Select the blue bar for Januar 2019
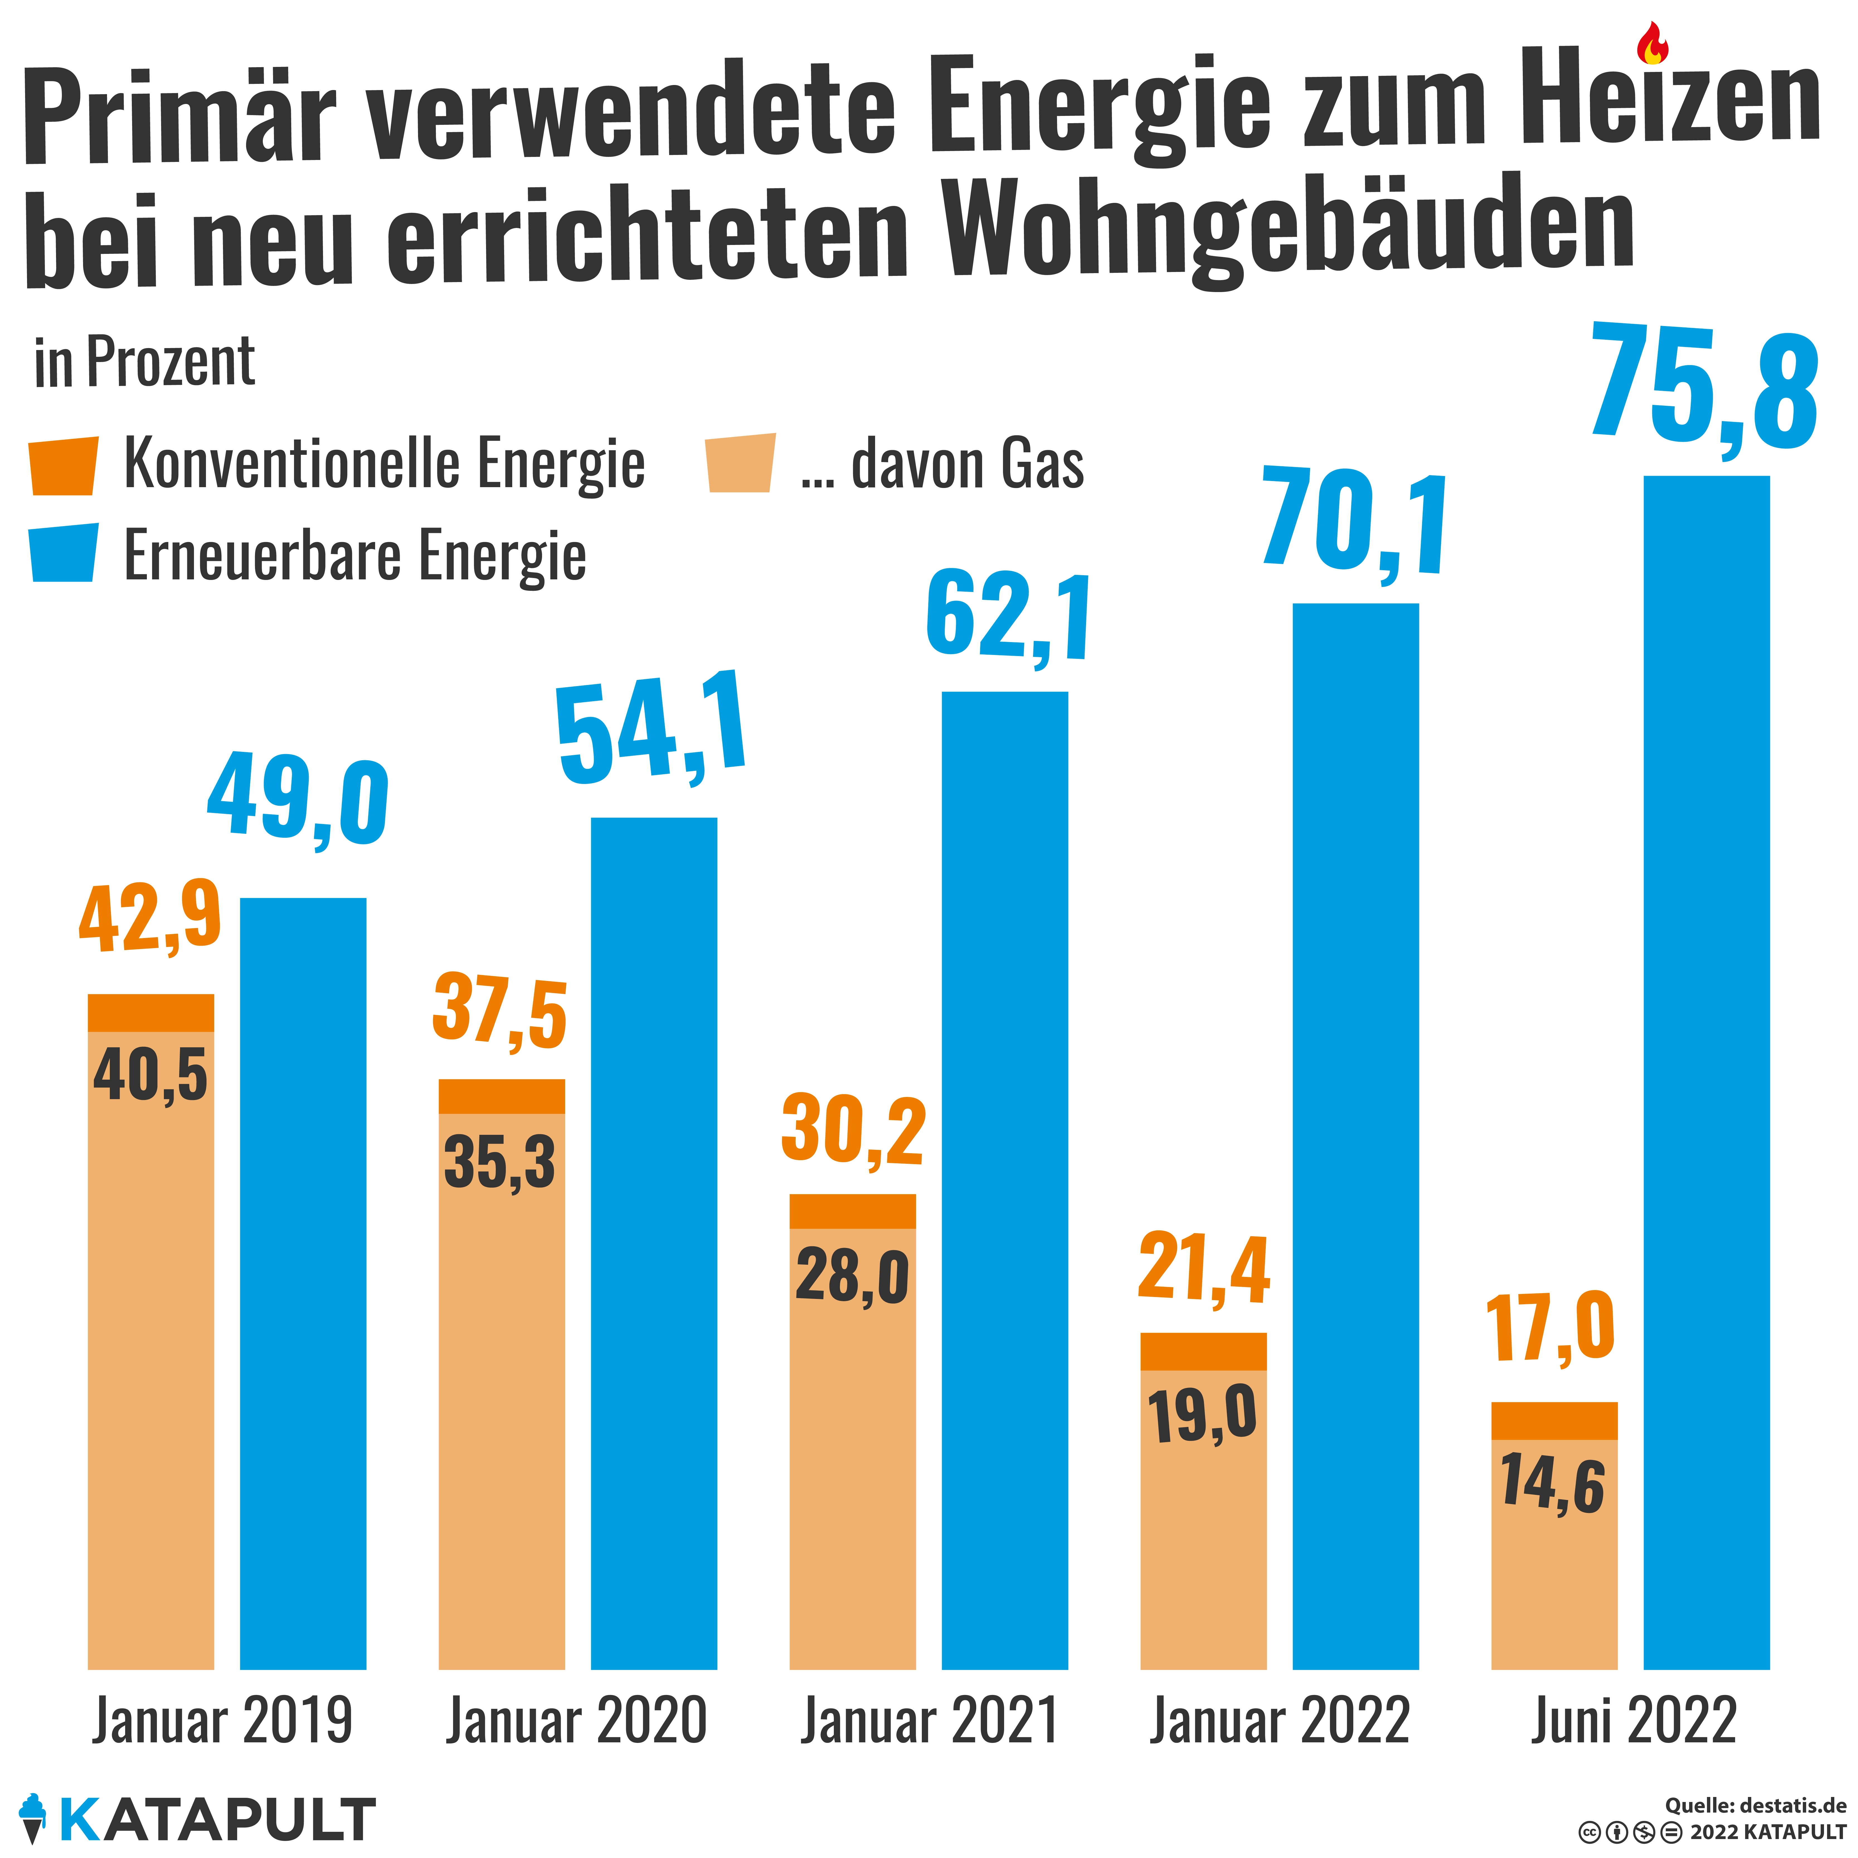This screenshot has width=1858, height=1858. (303, 1284)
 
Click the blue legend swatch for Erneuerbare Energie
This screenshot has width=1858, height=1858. (64, 553)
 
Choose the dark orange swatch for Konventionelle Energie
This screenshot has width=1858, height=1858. (64, 467)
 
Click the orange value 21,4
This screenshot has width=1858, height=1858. (1204, 1269)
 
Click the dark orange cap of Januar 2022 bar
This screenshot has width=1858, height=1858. (1203, 1351)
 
